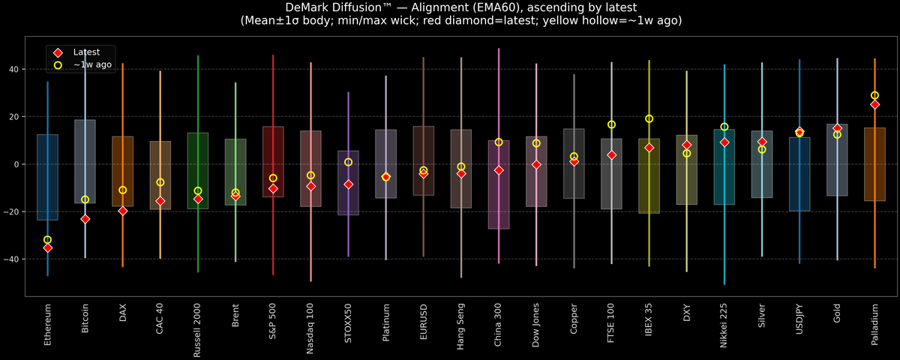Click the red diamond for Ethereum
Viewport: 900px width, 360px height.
48,247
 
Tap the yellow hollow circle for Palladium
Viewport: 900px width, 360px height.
874,95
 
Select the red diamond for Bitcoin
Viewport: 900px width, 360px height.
85,219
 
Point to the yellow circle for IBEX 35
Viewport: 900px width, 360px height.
649,118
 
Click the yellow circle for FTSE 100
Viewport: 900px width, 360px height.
611,124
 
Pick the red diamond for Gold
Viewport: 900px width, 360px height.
837,128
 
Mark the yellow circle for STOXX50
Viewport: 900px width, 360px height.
348,162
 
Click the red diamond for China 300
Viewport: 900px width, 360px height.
499,170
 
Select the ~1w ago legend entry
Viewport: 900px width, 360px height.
88,65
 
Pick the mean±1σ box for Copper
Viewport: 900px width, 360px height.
574,163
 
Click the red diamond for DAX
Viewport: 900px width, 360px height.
123,211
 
